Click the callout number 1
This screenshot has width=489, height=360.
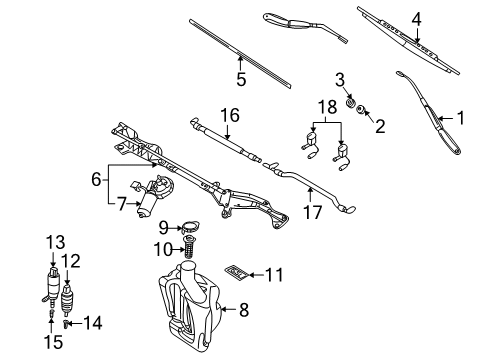pyautogui.click(x=461, y=117)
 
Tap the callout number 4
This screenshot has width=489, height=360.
pyautogui.click(x=417, y=17)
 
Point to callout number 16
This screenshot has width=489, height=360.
pyautogui.click(x=231, y=117)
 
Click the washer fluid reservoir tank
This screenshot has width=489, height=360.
pyautogui.click(x=190, y=300)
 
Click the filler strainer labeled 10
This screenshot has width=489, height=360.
pyautogui.click(x=185, y=249)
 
